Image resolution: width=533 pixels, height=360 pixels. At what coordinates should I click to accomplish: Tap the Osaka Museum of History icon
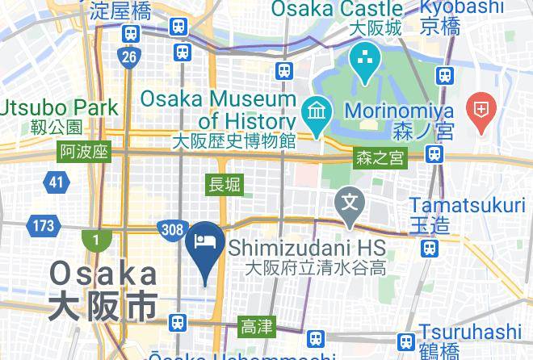tap(313, 109)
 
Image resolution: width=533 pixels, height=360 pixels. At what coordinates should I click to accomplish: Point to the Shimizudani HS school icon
tap(350, 199)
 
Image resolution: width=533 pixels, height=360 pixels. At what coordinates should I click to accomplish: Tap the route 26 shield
tap(128, 57)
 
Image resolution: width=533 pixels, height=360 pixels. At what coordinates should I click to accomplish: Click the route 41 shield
tap(56, 182)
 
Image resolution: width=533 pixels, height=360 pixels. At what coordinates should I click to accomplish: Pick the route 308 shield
tap(171, 230)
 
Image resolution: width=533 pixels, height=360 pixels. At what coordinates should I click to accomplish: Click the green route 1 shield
tap(94, 240)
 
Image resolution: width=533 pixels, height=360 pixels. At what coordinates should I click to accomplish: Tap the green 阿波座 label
tap(83, 152)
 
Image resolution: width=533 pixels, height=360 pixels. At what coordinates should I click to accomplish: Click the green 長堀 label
tap(225, 185)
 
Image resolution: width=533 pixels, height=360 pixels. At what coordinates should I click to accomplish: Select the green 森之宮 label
tap(380, 158)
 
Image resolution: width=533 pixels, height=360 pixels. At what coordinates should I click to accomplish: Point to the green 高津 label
tap(257, 327)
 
